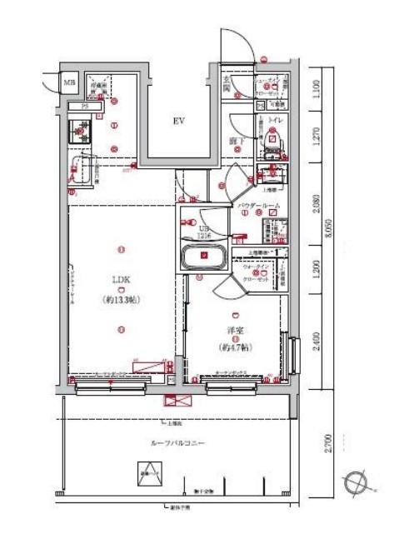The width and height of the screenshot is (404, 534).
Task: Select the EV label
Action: click(x=177, y=122)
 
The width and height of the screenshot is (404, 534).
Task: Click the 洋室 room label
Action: click(x=236, y=329)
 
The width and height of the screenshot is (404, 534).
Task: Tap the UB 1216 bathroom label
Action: click(x=203, y=229)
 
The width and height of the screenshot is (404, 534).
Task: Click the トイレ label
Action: click(x=275, y=121)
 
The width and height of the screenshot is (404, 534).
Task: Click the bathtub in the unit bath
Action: click(x=203, y=257)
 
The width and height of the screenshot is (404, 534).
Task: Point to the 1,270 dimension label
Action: click(x=317, y=134)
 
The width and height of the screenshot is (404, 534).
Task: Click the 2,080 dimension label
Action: click(x=317, y=203)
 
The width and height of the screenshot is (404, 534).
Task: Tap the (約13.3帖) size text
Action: click(x=121, y=298)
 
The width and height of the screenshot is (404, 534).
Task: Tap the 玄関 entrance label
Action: click(x=226, y=84)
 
